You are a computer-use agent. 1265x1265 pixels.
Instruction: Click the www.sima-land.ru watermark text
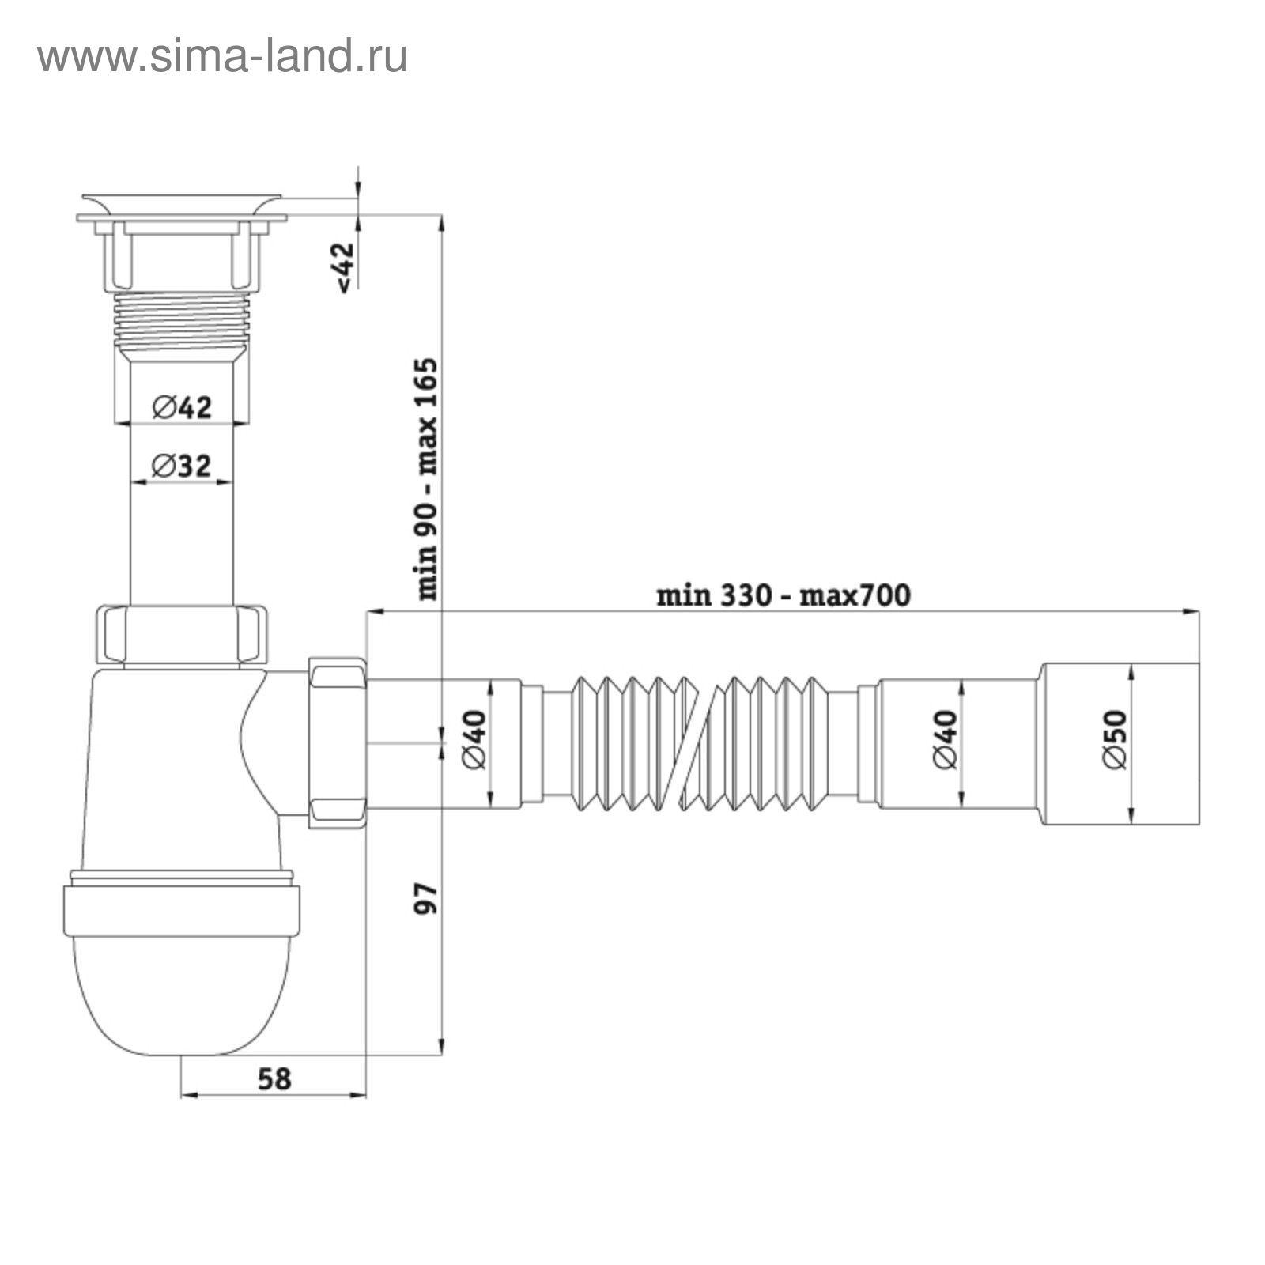[x=222, y=57]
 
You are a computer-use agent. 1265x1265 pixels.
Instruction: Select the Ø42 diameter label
[x=183, y=408]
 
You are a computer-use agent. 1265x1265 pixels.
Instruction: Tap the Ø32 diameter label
[x=182, y=466]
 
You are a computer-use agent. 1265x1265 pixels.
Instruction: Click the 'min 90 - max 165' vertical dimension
[x=427, y=478]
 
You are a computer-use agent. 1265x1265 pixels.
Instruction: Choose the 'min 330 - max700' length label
[x=784, y=595]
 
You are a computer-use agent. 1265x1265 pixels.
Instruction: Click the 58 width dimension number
[x=274, y=1078]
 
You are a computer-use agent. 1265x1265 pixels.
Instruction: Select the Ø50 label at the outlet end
[x=1114, y=739]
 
